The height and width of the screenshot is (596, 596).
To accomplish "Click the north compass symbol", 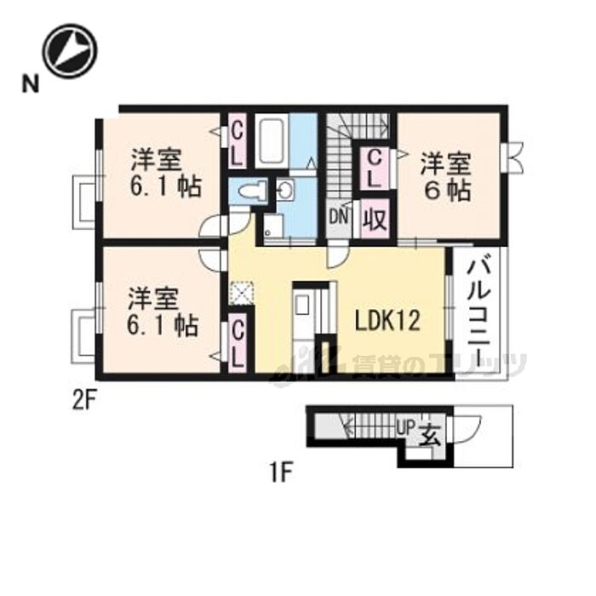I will click(70, 50).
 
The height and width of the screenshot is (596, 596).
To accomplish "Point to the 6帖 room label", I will click(445, 176).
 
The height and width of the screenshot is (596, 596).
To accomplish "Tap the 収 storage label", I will click(375, 221).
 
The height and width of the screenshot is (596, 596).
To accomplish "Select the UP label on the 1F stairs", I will click(405, 430).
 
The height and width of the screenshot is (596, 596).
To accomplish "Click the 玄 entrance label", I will click(429, 435).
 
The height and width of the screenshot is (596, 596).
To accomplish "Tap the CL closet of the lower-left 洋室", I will click(238, 341).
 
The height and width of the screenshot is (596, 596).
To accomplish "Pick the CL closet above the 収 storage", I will click(373, 168).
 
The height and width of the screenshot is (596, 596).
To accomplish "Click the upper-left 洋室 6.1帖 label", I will click(163, 175).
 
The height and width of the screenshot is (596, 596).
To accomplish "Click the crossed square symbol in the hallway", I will click(243, 292).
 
